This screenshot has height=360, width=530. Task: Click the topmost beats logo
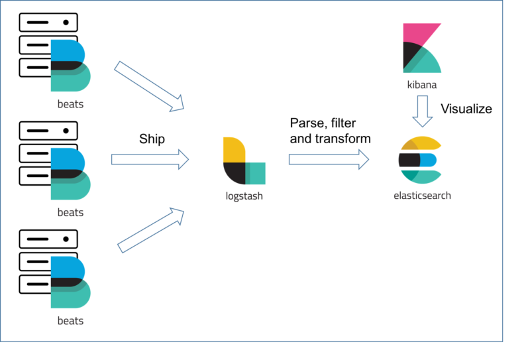coord(70,66)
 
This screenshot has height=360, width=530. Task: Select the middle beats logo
coord(70,174)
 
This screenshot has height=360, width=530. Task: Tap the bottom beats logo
coord(70,282)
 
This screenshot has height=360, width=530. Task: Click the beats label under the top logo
coord(70,104)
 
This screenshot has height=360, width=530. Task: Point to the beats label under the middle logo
coord(70,212)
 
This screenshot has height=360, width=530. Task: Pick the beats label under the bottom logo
coord(70,320)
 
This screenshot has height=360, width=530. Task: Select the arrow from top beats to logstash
coord(149,86)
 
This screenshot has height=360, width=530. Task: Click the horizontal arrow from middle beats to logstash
coord(150,159)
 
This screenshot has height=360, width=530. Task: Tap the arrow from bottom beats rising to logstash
coord(150,230)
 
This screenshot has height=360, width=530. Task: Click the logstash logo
coord(244,160)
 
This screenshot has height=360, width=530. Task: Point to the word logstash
coord(244,196)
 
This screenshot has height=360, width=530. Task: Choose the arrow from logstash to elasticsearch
coord(329,159)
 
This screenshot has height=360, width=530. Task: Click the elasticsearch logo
coord(419,160)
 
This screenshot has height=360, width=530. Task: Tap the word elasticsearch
coord(422,196)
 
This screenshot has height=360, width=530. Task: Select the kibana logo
coord(422,48)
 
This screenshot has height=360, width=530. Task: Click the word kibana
coord(422,85)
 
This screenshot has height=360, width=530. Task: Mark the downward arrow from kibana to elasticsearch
coord(422,111)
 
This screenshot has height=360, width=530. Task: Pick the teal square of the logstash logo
coord(256,174)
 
